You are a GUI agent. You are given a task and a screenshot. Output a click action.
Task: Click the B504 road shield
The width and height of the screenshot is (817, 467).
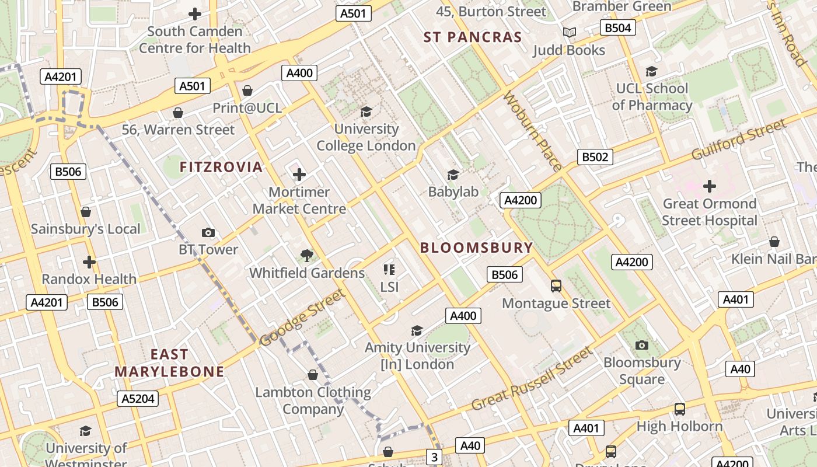pos(617,27)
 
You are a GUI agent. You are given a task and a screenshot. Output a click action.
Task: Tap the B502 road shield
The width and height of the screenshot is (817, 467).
pos(595,157)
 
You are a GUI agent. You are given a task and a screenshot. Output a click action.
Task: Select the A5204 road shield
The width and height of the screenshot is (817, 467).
pos(138,399)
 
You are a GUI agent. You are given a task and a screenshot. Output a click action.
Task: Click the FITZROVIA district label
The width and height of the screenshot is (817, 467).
pos(221,167)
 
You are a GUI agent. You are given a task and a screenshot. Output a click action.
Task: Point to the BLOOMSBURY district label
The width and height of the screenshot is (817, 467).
pos(477,248)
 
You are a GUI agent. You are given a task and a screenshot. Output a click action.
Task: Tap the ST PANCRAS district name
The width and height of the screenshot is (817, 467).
pos(473,37)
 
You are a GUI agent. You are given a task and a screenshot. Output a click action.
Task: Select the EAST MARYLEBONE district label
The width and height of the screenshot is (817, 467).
pos(169,363)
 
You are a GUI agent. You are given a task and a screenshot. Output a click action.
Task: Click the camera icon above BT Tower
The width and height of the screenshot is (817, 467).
pos(208,233)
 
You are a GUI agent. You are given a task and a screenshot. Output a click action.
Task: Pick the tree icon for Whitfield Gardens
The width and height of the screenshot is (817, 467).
pos(306,255)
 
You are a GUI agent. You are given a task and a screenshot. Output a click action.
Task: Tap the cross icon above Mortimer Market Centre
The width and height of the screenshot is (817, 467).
pos(299,175)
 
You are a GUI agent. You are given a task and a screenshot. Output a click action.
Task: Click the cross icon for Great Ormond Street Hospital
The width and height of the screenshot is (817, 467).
pos(709,186)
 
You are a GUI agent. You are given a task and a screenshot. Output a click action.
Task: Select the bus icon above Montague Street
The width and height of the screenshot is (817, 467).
pos(556,286)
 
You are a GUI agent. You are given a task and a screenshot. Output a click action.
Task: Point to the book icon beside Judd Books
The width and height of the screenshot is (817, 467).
pos(569,33)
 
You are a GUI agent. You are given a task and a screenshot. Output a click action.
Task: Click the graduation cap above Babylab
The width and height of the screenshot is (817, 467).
pos(453,175)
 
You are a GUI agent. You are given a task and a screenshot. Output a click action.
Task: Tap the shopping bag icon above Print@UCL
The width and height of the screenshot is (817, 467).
pos(247,90)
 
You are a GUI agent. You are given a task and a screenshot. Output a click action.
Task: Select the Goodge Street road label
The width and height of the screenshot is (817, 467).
pos(302,318)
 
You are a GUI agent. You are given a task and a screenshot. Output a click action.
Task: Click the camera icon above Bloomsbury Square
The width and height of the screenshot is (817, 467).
pos(642,345)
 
